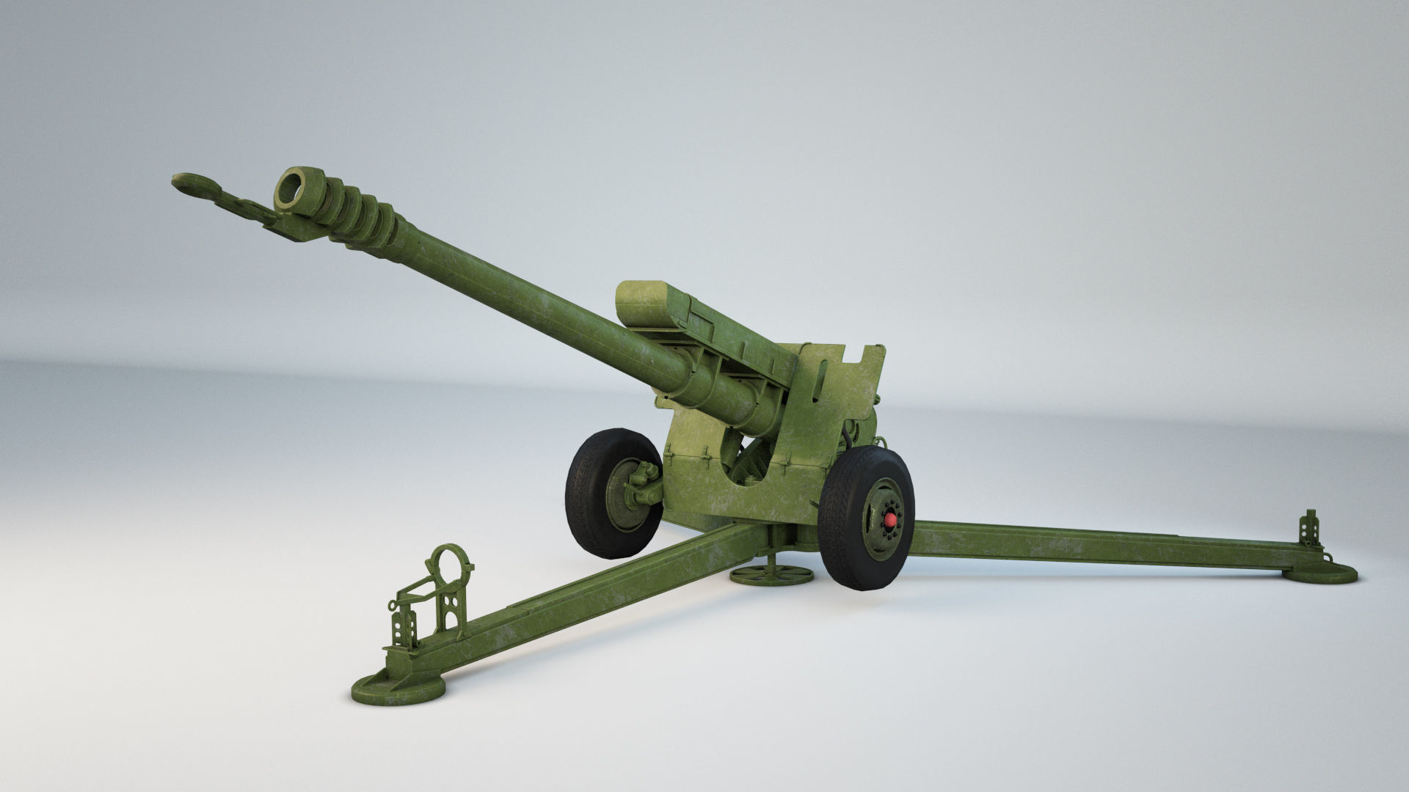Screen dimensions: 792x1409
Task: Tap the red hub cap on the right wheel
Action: [890, 520]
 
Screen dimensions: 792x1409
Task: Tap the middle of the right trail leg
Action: [1101, 544]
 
